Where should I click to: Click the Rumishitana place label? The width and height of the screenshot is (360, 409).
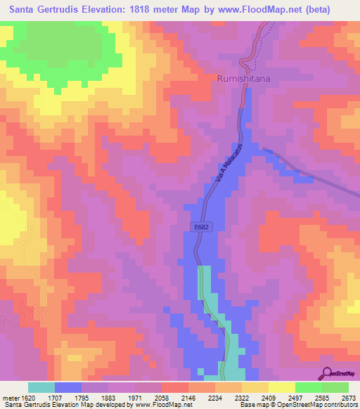[243, 79]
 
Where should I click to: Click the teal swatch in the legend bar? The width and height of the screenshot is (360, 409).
[41, 387]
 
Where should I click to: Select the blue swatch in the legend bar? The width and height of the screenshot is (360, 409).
[68, 387]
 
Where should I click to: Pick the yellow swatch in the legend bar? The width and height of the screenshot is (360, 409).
[282, 387]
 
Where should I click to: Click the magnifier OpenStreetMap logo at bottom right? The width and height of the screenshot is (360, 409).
[328, 372]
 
